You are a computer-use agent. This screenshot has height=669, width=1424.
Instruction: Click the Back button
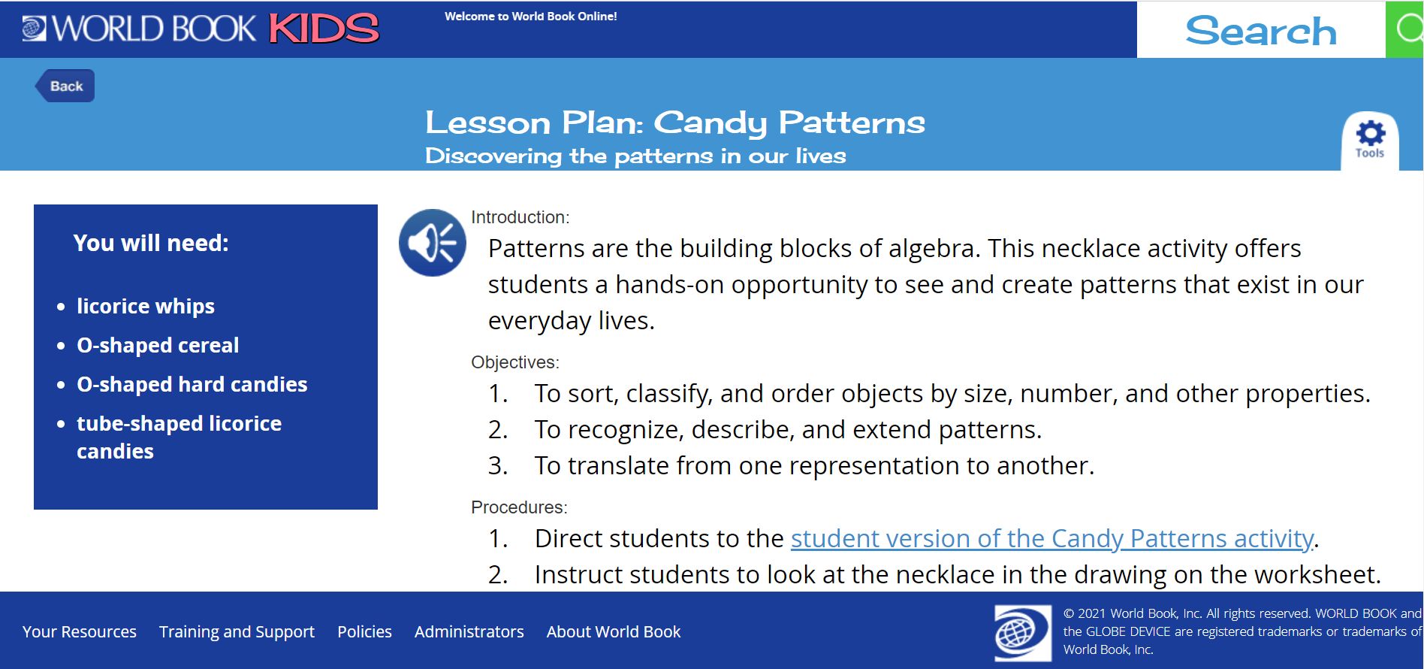point(65,86)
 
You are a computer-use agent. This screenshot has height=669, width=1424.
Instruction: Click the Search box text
point(1261,31)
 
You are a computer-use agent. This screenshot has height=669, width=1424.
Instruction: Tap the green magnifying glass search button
point(1404,29)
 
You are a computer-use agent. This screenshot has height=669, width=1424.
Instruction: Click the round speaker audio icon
point(432,243)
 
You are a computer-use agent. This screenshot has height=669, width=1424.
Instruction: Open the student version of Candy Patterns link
point(1051,538)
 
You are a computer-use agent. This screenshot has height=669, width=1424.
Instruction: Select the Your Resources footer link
point(80,631)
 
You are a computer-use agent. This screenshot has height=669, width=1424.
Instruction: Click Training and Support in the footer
point(237,632)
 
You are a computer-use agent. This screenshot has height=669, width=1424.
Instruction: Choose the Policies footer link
point(364,631)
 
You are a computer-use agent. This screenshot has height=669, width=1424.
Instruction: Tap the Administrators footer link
point(469,631)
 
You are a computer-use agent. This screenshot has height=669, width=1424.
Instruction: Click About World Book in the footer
point(614,631)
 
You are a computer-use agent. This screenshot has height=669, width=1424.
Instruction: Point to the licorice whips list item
point(146,307)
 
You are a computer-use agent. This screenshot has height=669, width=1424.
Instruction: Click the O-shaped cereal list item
point(158,346)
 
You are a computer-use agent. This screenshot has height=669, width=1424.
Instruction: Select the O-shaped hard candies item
point(192,385)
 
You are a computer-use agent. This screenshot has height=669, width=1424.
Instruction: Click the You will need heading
point(151,243)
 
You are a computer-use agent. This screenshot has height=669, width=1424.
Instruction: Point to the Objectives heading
point(515,362)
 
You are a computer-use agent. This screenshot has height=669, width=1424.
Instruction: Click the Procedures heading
point(519,507)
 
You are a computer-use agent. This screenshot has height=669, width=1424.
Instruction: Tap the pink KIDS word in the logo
point(324,29)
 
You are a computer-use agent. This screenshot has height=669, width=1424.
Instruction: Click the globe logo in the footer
point(1023,633)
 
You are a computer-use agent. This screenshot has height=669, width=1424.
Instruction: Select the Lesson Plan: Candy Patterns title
point(675,122)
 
